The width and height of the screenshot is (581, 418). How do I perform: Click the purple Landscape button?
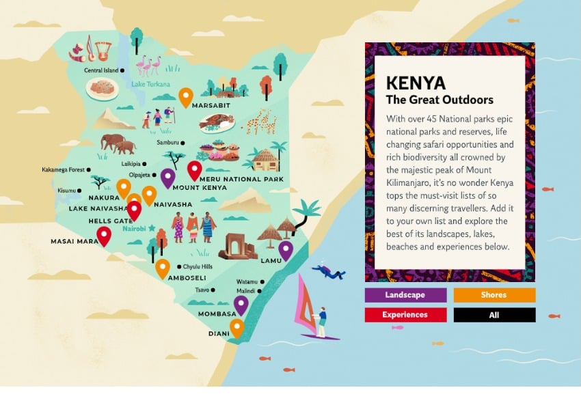[x=405, y=295]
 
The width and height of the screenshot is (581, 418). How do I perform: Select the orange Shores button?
[x=494, y=295]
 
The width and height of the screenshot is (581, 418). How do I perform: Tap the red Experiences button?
[x=405, y=315]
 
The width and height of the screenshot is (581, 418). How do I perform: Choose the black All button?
[x=494, y=315]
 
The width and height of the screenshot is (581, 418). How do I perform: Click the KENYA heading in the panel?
[x=416, y=83]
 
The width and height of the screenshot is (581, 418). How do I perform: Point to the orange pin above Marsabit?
[x=185, y=96]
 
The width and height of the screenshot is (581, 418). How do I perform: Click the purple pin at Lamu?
[x=285, y=250]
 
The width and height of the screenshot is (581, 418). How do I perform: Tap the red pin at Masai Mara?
[x=104, y=236]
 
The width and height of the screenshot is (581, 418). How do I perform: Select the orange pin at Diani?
[x=237, y=327]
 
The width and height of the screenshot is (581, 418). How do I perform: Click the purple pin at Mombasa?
[x=241, y=304]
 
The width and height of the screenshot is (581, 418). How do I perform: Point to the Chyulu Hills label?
[x=198, y=266]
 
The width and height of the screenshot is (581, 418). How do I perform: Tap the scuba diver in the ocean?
[x=329, y=272]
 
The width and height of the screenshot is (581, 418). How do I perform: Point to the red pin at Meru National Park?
[x=195, y=169]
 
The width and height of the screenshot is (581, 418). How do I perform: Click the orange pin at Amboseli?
[x=162, y=268]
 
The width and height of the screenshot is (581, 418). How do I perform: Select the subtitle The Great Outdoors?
[x=440, y=100]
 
